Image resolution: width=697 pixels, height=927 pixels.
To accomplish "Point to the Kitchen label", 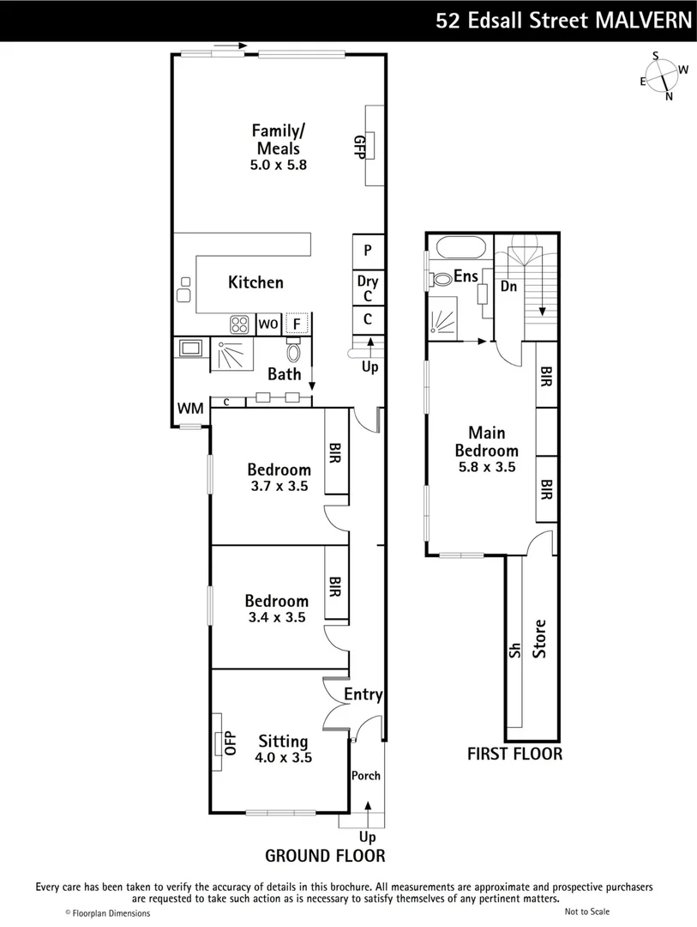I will pyautogui.click(x=255, y=282).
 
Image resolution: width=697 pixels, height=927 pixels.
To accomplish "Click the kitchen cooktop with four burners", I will pyautogui.click(x=238, y=324).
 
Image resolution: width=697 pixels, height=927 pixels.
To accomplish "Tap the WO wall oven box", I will pyautogui.click(x=267, y=324).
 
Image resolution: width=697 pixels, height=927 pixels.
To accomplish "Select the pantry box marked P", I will pyautogui.click(x=368, y=251).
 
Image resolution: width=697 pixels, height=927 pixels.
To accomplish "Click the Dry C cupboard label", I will pyautogui.click(x=368, y=288).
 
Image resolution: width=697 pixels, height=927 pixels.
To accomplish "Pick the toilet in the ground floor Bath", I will pyautogui.click(x=293, y=351).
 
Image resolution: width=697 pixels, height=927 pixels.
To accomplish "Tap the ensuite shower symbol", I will pyautogui.click(x=443, y=318).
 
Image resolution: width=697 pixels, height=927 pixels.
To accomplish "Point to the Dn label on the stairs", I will pyautogui.click(x=508, y=287).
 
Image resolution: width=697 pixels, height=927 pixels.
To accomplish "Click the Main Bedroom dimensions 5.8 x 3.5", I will pyautogui.click(x=486, y=468).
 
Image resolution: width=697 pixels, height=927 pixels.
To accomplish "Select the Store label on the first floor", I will pyautogui.click(x=540, y=639).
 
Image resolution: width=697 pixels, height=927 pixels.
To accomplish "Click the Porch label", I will pyautogui.click(x=366, y=776).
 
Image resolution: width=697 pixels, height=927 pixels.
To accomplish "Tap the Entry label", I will pyautogui.click(x=363, y=695).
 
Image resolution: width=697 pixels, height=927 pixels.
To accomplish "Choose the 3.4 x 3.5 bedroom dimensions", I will pyautogui.click(x=276, y=617).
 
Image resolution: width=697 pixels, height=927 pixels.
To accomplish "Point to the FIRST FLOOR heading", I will pyautogui.click(x=514, y=754).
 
